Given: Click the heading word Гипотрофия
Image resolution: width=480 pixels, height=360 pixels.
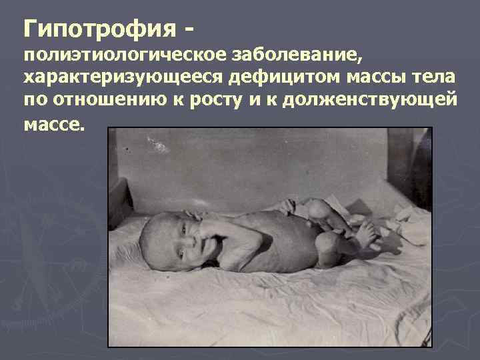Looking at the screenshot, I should click(x=99, y=29).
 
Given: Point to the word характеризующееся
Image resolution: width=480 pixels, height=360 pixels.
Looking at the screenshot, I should click(x=124, y=79).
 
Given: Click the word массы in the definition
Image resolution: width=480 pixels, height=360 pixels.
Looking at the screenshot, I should click(x=377, y=79).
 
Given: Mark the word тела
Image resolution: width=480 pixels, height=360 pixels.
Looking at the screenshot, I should click(x=437, y=79).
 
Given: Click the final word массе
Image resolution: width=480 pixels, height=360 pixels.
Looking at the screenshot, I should click(x=55, y=124).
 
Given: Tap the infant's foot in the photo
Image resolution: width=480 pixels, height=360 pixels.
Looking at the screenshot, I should click(x=367, y=233).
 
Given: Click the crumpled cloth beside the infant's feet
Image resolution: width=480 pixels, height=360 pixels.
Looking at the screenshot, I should click(x=407, y=223).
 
